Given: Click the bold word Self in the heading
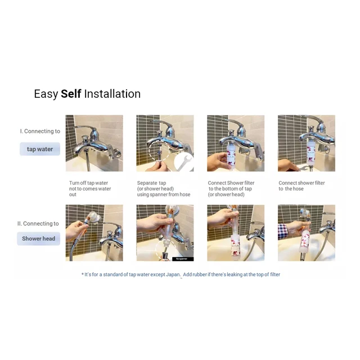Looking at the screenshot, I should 71,94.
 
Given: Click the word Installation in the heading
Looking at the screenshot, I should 112,94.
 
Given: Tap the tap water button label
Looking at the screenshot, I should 40,149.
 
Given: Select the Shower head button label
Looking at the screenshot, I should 38,238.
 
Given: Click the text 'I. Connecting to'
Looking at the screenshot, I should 40,131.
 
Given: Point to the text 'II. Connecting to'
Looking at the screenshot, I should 38,223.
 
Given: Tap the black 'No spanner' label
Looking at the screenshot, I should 183,259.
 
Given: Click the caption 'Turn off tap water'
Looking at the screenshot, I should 88,183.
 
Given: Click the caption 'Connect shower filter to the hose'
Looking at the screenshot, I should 301,186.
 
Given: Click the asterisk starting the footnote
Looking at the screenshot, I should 83,274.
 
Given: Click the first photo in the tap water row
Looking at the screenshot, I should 94,143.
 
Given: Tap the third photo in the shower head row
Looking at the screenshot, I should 236,233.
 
